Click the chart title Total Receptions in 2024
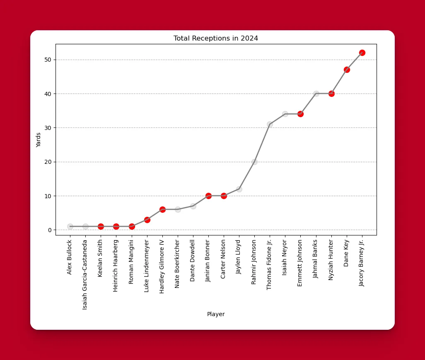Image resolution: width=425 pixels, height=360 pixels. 215,38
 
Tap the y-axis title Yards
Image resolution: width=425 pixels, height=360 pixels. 39,140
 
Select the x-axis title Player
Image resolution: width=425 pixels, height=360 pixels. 216,314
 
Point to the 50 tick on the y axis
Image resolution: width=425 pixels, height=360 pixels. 49,60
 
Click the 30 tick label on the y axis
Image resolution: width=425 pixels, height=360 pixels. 49,128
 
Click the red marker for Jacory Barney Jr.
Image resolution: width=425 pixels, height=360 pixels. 362,53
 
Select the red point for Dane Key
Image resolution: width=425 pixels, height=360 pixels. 347,70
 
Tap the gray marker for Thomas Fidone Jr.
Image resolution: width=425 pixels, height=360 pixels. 270,124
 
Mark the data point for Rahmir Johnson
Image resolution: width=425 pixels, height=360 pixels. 254,162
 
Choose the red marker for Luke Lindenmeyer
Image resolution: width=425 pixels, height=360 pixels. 147,220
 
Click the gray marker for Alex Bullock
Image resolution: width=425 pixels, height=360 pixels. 70,226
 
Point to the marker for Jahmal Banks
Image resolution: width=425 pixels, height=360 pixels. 316,94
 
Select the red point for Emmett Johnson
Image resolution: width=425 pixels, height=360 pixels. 300,114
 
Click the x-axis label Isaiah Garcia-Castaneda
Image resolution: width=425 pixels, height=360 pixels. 85,275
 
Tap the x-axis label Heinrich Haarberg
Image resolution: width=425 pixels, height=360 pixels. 116,266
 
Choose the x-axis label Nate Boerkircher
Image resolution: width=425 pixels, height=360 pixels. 178,264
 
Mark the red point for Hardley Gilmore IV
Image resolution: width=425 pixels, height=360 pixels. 162,209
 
